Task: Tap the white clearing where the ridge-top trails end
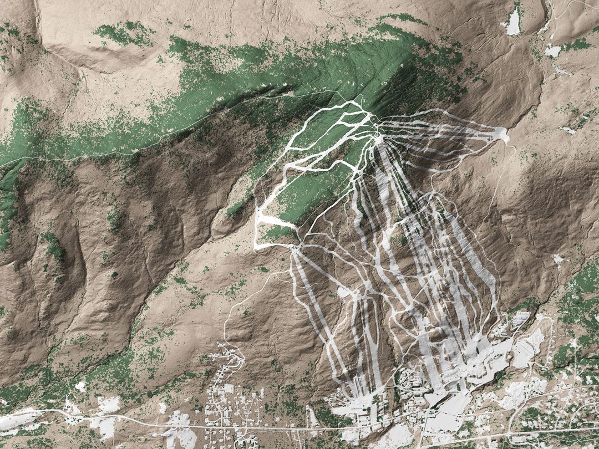coord(501,134)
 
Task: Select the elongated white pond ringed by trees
coord(513,23)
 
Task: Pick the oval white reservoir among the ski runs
coord(344,292)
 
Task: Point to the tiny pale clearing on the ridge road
coord(291,94)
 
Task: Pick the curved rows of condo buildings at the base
coord(413,382)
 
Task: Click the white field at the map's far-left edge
coord(17,419)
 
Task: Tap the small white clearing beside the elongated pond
coord(553,51)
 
